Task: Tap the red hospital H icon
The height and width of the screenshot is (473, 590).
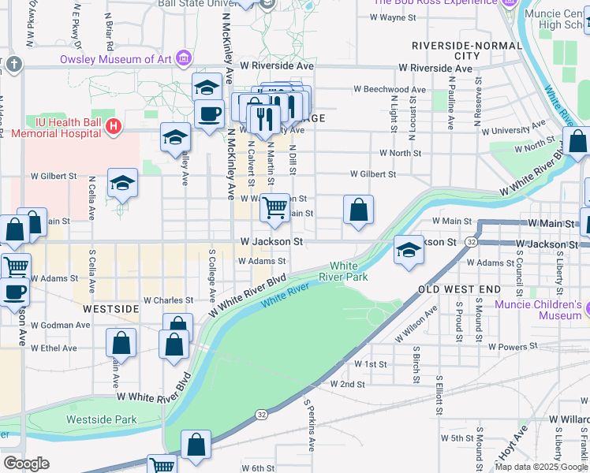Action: pos(114,125)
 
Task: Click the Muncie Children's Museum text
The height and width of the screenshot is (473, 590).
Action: pos(538,310)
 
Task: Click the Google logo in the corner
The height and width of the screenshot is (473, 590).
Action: pos(26,464)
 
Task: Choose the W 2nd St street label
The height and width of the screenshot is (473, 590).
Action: pos(347,385)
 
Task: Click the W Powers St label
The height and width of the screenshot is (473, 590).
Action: pos(513,346)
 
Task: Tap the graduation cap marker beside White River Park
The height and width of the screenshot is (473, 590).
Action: pos(408,251)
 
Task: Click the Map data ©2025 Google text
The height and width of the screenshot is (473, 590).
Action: pos(541,467)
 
